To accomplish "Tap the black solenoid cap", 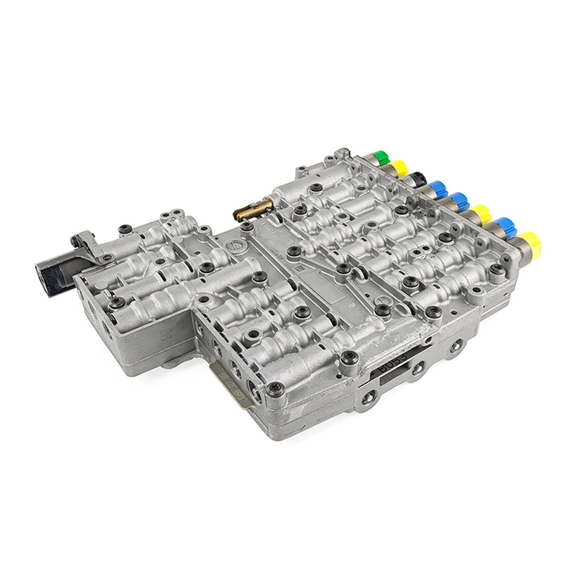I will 419,178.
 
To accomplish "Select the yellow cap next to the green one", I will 400,168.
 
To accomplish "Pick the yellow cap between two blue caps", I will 482,213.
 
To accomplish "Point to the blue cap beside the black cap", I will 439,189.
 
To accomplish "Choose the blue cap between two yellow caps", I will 506,228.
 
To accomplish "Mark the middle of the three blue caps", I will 460,201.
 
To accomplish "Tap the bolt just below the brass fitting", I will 246,227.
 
